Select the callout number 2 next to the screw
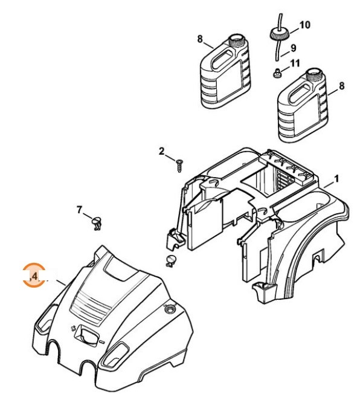tap(162, 150)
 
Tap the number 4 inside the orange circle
tap(34, 276)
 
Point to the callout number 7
tap(79, 210)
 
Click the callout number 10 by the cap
tap(304, 25)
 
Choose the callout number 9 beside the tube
tap(293, 47)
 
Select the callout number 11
tap(294, 62)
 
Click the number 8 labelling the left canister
tap(200, 39)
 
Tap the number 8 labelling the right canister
tap(341, 86)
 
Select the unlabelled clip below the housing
tap(170, 261)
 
